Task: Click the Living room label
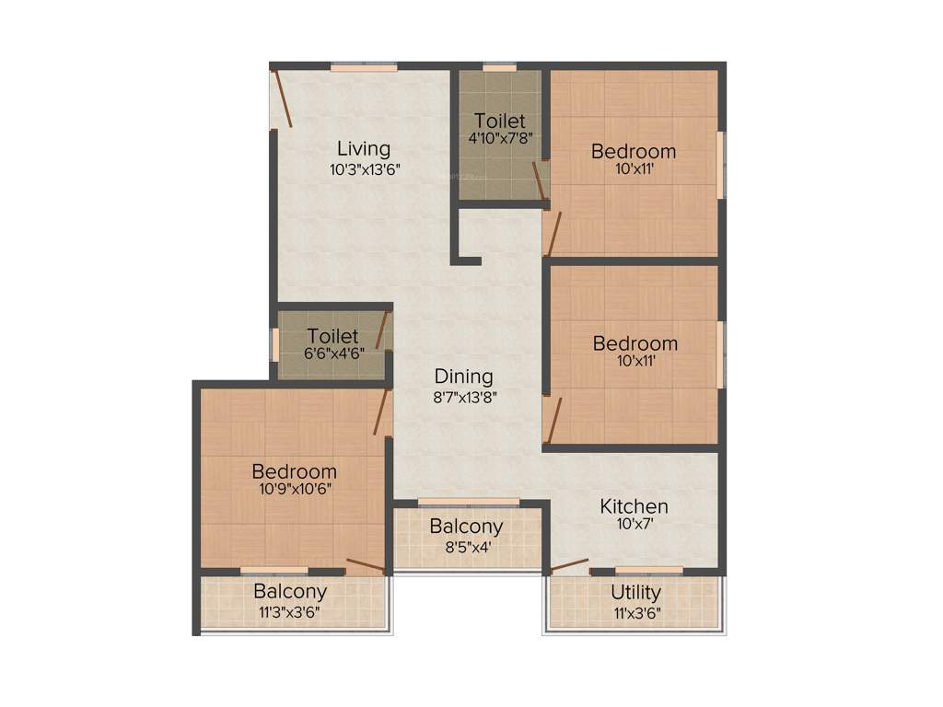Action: point(363,148)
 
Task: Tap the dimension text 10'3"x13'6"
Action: point(365,169)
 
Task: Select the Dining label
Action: point(463,377)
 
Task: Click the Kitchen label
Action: point(634,506)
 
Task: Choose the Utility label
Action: point(635,592)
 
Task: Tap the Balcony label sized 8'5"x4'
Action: point(466,527)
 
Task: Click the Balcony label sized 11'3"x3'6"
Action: point(290,592)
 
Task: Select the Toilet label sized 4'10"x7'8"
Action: point(500,121)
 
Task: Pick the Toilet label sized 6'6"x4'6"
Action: point(332,337)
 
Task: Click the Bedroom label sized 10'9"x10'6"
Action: point(295,472)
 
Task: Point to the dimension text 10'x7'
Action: point(634,527)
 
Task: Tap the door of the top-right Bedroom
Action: point(553,232)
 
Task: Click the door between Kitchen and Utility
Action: point(568,564)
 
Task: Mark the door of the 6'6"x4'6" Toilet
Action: point(383,330)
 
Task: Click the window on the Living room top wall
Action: point(364,66)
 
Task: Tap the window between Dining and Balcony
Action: point(468,503)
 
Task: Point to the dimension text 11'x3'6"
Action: point(635,612)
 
